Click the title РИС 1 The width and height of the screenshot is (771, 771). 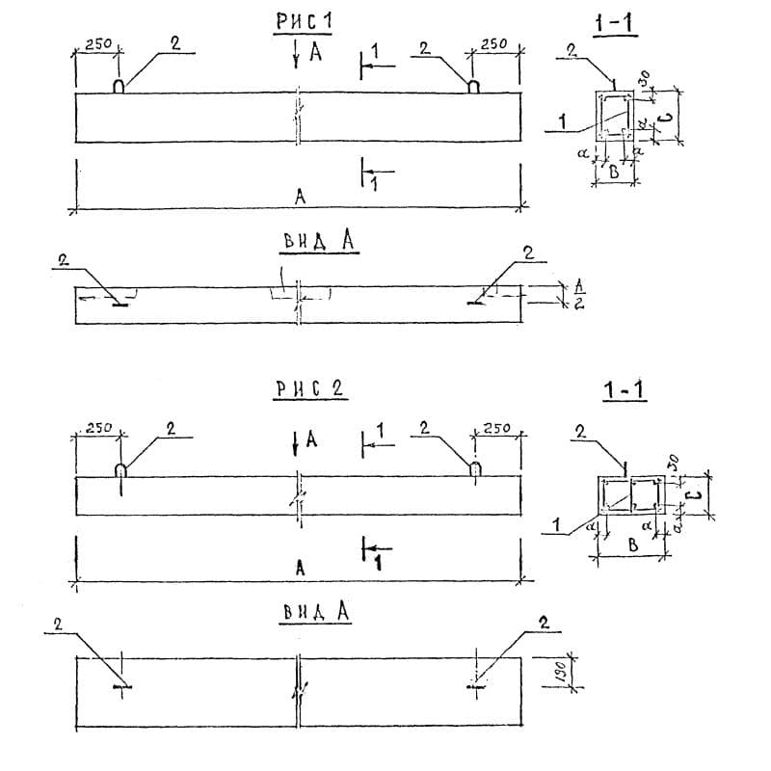(x=306, y=20)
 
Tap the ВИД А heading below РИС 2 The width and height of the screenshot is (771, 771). (x=314, y=613)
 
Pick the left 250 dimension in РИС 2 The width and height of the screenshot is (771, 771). (x=97, y=428)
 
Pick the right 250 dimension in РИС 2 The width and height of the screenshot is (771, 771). (x=498, y=428)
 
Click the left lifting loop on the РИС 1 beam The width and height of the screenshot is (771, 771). (x=119, y=86)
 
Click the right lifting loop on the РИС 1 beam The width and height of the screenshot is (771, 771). (x=474, y=86)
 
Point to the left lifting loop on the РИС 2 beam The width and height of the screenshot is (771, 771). (x=121, y=470)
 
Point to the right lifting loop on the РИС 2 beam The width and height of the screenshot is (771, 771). (x=476, y=468)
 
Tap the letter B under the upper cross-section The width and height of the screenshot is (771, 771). (x=612, y=173)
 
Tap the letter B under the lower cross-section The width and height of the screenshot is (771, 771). (x=632, y=545)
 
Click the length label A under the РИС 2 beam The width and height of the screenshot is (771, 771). (x=301, y=569)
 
